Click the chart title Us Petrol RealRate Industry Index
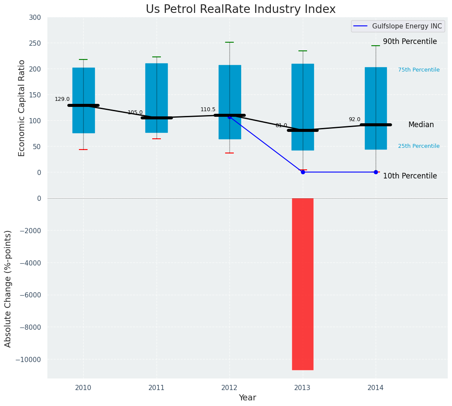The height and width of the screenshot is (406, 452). tap(240, 9)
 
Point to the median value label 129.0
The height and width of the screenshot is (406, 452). tap(62, 99)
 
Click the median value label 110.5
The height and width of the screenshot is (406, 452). tap(208, 109)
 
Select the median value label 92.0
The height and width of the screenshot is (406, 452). tap(355, 119)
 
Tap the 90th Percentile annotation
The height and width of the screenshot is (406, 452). tap(410, 42)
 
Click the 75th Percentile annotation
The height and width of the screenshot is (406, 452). tap(418, 70)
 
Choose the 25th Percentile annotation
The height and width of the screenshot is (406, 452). tap(418, 146)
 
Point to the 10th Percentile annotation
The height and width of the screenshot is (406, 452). tap(410, 176)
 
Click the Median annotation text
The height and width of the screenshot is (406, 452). tap(421, 125)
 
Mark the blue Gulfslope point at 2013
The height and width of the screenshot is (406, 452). tap(303, 172)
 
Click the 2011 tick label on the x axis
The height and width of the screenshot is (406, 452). tap(157, 388)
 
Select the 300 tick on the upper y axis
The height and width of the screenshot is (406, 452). tap(35, 18)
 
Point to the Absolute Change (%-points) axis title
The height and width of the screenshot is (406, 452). tap(8, 288)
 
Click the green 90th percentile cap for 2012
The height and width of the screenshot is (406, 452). tap(229, 42)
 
